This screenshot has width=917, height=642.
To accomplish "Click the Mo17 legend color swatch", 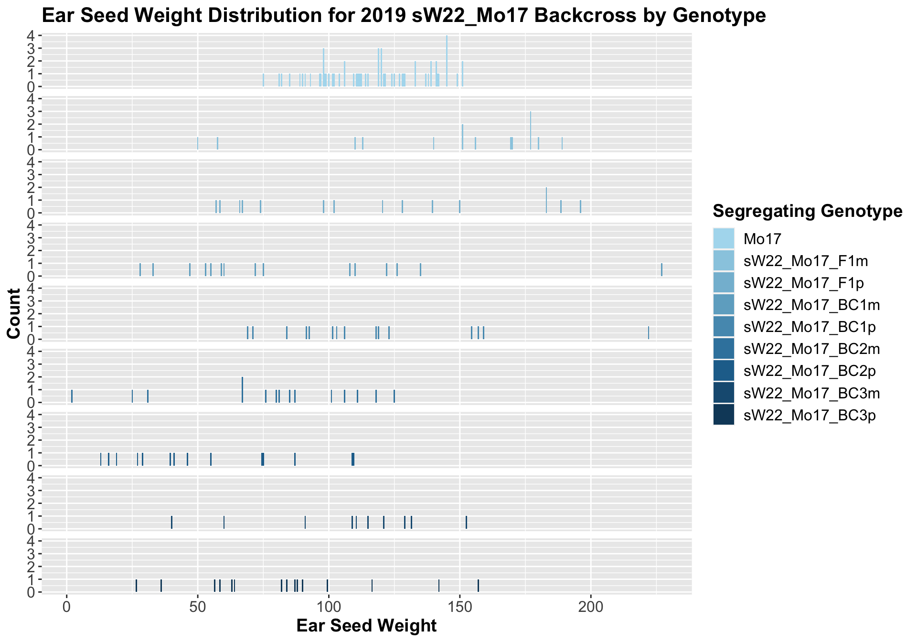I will point(724,238).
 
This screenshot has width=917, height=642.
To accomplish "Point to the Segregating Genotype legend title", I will point(807,211).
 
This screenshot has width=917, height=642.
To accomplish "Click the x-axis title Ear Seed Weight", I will point(366,626).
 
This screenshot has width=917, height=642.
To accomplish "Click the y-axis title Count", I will point(14,313).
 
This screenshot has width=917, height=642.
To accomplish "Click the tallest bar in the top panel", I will point(447,61).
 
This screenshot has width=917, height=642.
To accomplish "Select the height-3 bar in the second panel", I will point(531,130).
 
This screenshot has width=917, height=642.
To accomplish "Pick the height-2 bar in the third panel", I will point(546,200).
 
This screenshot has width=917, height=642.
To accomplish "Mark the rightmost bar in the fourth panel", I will point(661,270).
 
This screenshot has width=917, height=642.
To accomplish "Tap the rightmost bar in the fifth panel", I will point(649,333).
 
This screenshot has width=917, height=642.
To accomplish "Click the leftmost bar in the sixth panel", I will point(72,396).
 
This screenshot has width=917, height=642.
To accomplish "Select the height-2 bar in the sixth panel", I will point(242,390).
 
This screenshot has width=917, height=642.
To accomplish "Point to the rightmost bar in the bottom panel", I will point(478,586).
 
